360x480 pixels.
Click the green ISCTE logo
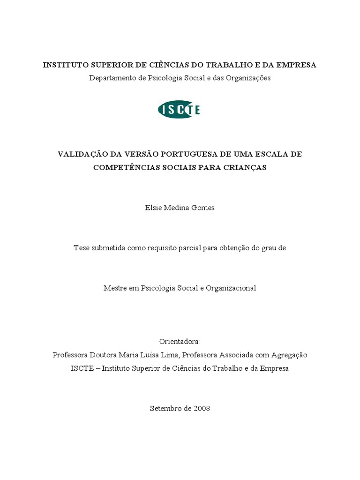pos(179,110)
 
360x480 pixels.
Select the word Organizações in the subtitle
pos(249,78)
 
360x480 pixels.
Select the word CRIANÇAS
pos(245,167)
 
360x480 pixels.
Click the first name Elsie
pos(153,208)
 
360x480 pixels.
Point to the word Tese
pos(81,248)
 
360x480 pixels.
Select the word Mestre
pos(115,288)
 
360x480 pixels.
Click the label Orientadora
pos(180,341)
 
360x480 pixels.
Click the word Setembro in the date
pos(165,408)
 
